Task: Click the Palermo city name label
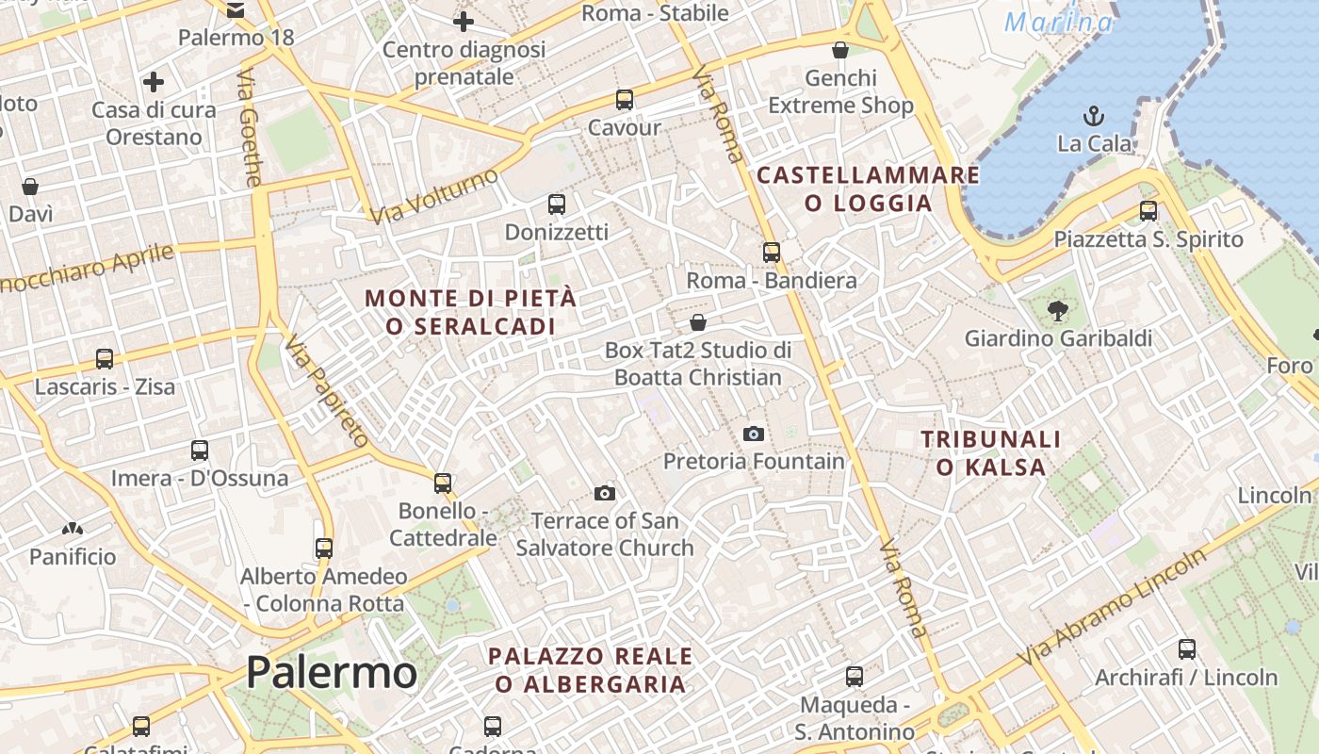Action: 331,673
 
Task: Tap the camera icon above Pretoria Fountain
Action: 753,434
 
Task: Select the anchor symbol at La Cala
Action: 1094,116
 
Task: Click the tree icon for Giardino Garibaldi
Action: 1057,309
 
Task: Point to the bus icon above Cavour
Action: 624,99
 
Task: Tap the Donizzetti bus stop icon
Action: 557,204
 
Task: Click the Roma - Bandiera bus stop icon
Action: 772,252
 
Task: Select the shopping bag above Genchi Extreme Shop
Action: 840,49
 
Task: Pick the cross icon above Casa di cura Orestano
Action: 154,82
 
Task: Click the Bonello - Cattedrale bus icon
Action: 443,483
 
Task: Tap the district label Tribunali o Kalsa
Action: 990,452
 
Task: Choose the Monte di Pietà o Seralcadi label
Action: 470,312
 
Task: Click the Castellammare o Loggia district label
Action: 868,188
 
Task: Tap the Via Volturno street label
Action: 432,197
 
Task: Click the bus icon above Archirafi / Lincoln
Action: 1186,648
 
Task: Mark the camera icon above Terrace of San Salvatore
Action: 605,493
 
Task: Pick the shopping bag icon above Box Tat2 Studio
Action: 698,322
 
